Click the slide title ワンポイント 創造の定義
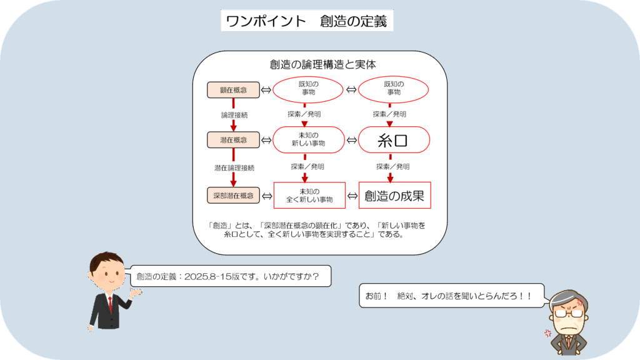click(x=307, y=21)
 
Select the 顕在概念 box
click(x=234, y=90)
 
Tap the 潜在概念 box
click(x=234, y=140)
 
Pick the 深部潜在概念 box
click(x=234, y=196)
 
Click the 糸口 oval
click(x=394, y=140)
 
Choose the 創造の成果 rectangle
click(x=395, y=196)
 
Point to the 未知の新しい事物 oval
click(x=309, y=139)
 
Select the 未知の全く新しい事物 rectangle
click(x=309, y=196)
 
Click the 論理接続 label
click(x=234, y=115)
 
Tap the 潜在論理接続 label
click(x=234, y=167)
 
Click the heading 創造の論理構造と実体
click(x=322, y=64)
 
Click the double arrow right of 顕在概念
click(x=266, y=90)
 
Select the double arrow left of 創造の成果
click(x=352, y=196)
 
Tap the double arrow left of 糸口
click(x=351, y=141)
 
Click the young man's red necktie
click(x=110, y=304)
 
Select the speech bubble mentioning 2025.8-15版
click(x=230, y=276)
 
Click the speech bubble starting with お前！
click(x=452, y=296)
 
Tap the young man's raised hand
click(x=135, y=292)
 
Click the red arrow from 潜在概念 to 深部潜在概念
click(x=234, y=167)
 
